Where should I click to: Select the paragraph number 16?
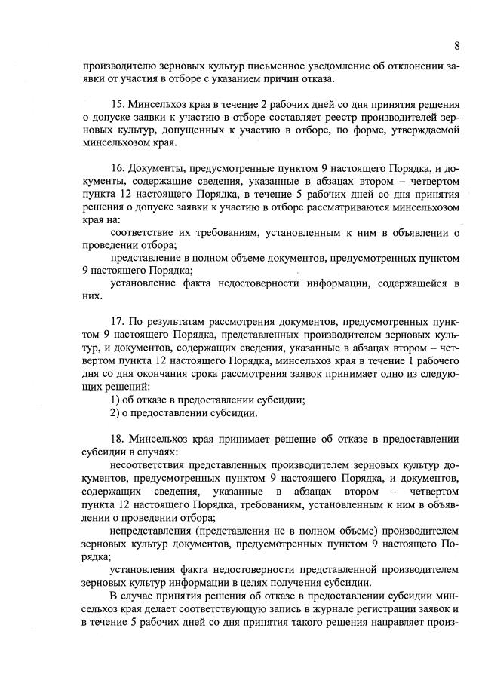[x=118, y=166]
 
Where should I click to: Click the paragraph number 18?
[x=118, y=437]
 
